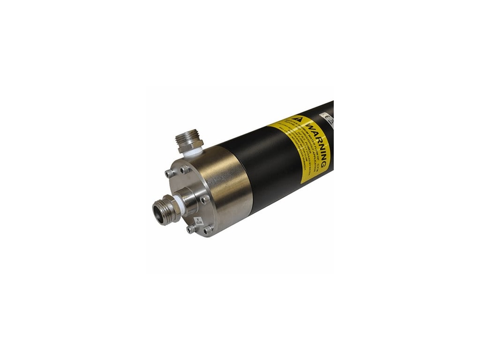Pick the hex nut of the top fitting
190,144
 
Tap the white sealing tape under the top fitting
193,151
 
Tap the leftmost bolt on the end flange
170,173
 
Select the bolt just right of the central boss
204,199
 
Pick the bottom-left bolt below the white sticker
191,229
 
